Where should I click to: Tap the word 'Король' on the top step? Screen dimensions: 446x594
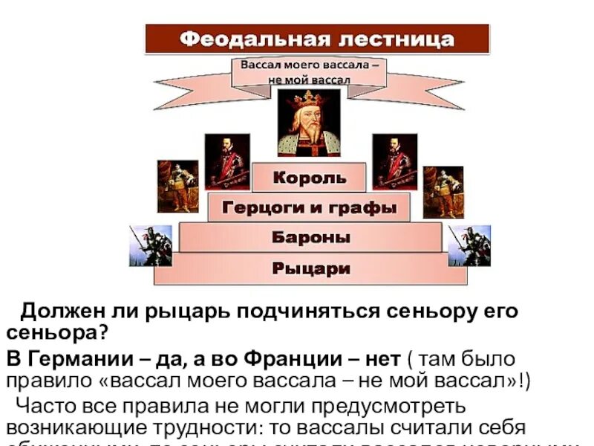[309, 178]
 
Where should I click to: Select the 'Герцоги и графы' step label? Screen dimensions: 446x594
[308, 207]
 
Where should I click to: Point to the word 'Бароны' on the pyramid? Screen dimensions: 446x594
[310, 238]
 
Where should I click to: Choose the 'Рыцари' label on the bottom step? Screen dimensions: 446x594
[310, 269]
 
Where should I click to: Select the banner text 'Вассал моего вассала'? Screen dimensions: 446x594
[310, 65]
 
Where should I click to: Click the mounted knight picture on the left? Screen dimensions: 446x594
[151, 245]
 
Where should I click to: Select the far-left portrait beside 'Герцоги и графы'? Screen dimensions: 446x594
[177, 186]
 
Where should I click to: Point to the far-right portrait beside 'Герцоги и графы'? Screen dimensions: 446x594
[443, 191]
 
